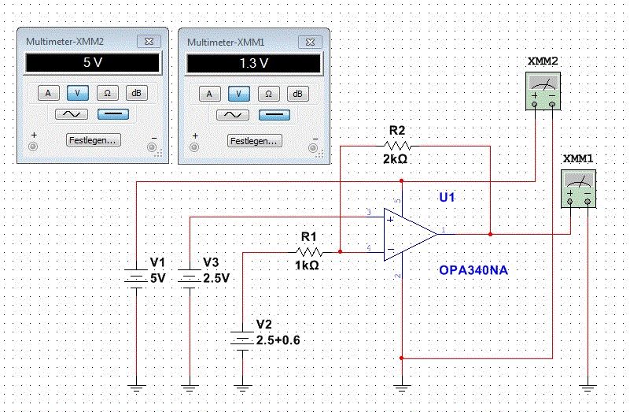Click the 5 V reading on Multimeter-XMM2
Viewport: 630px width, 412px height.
[x=93, y=64]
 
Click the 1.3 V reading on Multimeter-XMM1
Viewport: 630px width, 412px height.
[x=253, y=64]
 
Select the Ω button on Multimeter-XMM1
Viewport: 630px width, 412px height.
[x=268, y=94]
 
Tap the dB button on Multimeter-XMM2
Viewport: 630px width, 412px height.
[x=136, y=94]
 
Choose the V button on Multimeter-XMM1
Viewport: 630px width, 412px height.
[x=239, y=94]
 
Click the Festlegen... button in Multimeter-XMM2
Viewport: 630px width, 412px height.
[x=94, y=140]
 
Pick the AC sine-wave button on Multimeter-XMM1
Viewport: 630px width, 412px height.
[x=232, y=114]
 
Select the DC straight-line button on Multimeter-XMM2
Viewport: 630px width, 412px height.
[x=113, y=114]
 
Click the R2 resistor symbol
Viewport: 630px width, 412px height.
[x=398, y=146]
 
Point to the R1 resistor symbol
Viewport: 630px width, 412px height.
[x=309, y=252]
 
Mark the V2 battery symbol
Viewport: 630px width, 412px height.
[x=244, y=340]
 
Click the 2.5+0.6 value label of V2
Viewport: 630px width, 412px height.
[x=278, y=340]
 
